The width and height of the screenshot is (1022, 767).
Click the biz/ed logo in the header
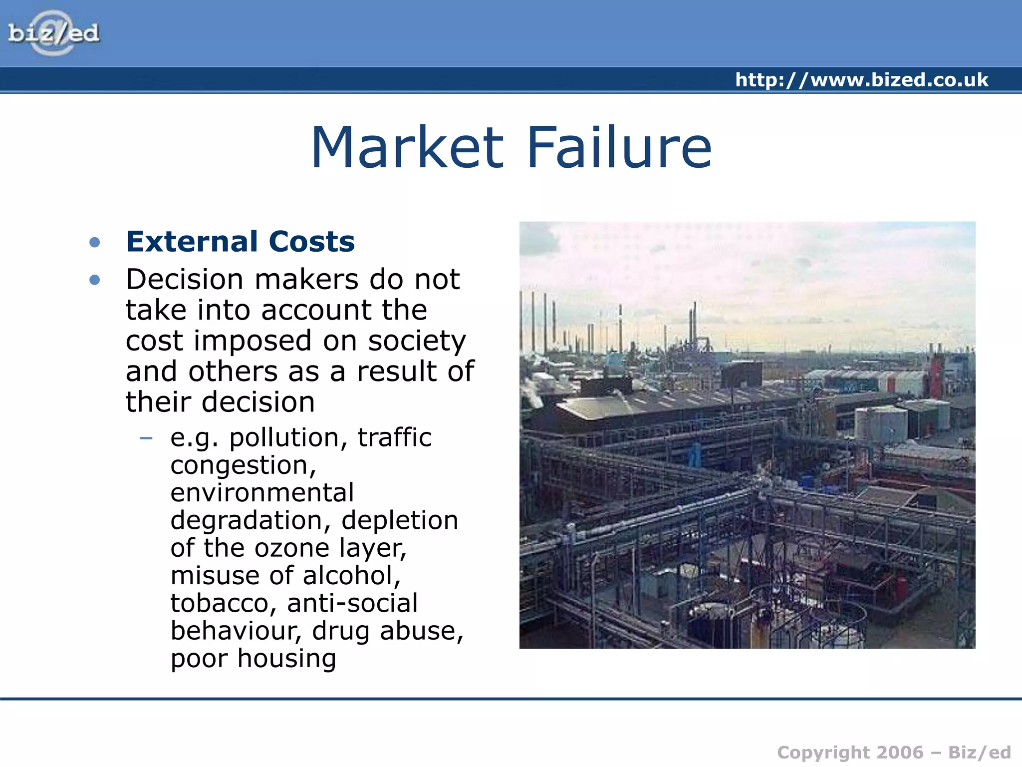tap(53, 33)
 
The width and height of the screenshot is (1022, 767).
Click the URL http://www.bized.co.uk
tap(861, 80)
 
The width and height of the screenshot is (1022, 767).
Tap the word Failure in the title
tap(619, 147)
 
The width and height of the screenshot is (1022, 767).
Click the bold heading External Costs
tap(240, 242)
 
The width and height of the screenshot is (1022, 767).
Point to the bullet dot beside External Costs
tap(94, 243)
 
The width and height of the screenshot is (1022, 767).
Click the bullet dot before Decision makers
tap(94, 280)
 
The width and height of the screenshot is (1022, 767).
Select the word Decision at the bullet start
tap(185, 279)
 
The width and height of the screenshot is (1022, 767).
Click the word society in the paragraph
tap(417, 341)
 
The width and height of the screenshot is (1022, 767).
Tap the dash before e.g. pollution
tap(146, 438)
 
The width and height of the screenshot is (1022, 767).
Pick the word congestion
tap(243, 466)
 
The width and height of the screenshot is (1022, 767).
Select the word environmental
tap(262, 493)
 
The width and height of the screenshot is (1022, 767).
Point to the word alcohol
tap(351, 575)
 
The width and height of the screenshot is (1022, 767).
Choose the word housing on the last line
tap(286, 658)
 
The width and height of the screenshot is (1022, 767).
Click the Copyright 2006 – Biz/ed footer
tap(893, 752)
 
